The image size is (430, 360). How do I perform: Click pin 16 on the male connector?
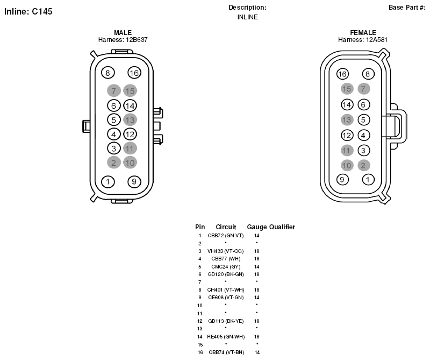134,73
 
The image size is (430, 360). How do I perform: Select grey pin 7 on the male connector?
114,90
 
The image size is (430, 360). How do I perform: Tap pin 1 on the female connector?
368,180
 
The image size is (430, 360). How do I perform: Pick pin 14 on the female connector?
347,104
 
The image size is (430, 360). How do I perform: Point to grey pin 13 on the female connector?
347,119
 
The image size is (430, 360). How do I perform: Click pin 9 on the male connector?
134,181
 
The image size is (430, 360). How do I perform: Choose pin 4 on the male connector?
114,135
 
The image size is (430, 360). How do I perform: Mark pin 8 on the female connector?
368,74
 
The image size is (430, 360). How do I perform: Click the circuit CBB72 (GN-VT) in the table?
226,236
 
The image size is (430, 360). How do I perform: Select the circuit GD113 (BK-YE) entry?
226,321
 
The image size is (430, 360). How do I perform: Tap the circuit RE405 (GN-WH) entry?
226,337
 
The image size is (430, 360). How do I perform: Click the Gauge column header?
257,227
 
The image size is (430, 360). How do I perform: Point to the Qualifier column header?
282,227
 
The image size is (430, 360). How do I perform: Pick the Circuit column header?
226,227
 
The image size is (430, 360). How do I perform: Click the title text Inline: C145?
28,11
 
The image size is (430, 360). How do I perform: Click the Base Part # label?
407,8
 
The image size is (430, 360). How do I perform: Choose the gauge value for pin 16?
257,352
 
